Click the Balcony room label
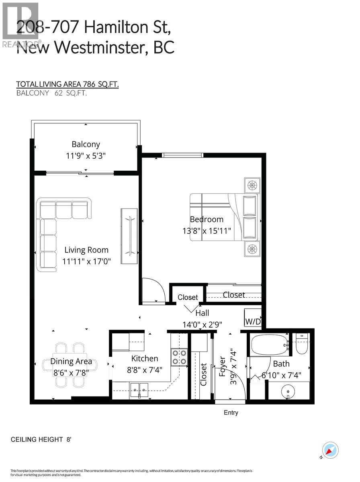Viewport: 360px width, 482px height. pos(86,144)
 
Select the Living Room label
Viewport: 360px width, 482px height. pos(86,250)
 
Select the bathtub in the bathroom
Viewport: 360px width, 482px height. pos(270,344)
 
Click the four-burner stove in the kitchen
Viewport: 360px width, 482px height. pos(179,357)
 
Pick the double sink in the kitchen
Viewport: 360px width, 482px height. pos(139,388)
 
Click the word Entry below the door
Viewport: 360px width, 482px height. pos(231,413)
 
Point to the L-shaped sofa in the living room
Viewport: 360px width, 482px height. pos(56,229)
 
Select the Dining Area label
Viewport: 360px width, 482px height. pos(71,361)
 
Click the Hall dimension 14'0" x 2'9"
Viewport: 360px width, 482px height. pos(202,324)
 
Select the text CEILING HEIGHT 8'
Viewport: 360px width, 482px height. pos(41,439)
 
